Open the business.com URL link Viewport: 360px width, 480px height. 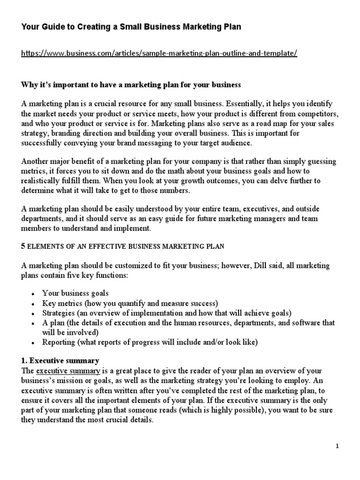(159, 53)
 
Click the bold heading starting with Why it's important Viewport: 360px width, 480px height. (131, 85)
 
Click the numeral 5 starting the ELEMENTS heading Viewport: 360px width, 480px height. (23, 246)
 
